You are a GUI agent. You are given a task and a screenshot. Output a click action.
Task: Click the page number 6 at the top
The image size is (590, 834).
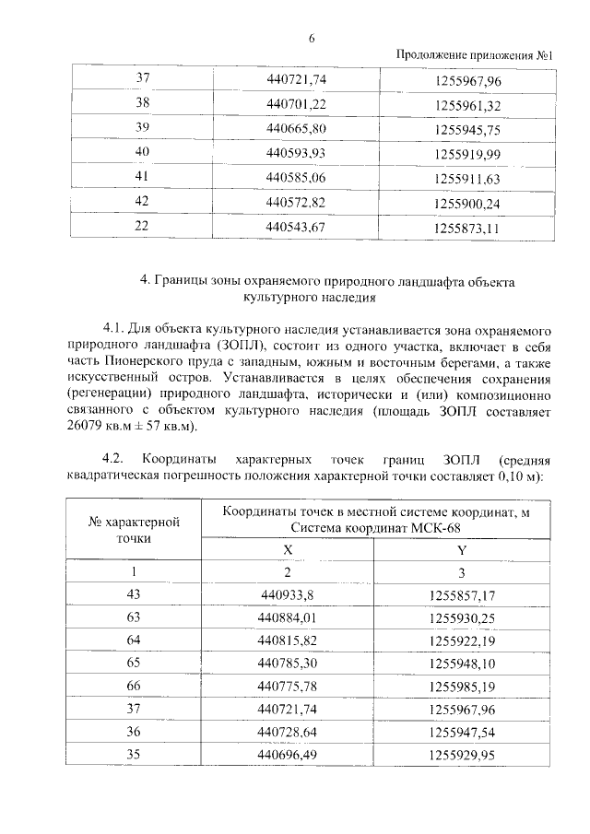coord(312,38)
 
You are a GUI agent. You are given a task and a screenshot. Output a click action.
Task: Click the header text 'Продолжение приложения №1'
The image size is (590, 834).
coord(474,55)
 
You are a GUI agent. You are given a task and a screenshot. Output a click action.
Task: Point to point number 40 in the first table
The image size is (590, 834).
coord(142,152)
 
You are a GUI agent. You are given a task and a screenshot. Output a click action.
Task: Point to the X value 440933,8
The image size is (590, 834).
coord(289,594)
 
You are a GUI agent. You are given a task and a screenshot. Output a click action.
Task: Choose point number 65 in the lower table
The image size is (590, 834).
coord(141,661)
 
